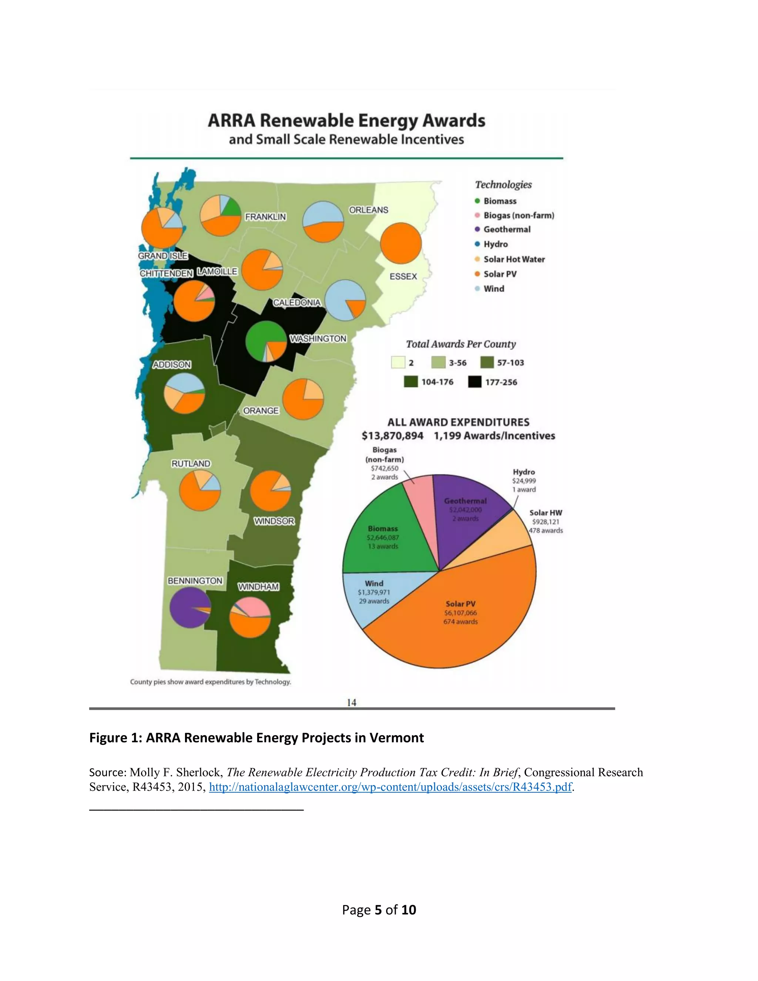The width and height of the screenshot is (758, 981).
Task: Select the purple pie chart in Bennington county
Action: click(x=190, y=607)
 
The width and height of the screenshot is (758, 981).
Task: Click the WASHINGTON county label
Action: click(x=318, y=339)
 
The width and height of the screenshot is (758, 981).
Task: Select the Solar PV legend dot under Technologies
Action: click(x=477, y=274)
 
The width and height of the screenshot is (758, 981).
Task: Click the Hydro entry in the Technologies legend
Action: click(x=495, y=244)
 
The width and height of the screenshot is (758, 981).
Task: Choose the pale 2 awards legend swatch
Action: click(x=398, y=362)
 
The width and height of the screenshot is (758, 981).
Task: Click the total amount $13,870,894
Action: click(x=392, y=436)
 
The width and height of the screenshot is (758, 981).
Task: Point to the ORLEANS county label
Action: click(x=369, y=210)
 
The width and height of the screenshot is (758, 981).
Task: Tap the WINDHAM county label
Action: click(x=258, y=587)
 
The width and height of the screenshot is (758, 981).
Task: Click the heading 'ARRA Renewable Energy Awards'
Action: click(x=346, y=121)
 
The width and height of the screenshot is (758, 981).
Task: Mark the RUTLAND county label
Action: click(x=191, y=463)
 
